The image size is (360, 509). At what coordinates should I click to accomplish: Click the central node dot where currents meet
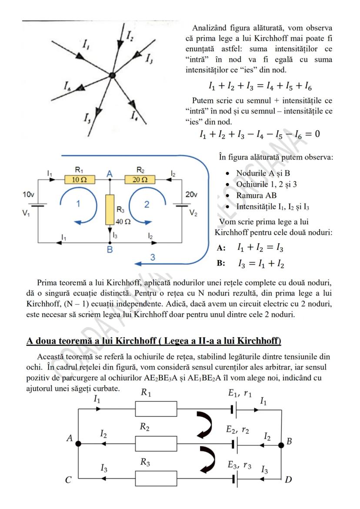tap(112, 76)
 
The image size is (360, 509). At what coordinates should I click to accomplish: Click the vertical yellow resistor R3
tap(110, 210)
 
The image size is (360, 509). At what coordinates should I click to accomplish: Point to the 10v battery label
tap(29, 195)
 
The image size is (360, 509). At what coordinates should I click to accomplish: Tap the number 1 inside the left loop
tap(78, 204)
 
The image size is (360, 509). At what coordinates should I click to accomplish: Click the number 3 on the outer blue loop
tap(152, 257)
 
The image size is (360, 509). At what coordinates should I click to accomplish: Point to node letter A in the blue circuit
tap(110, 173)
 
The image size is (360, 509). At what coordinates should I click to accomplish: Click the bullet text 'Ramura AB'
tap(257, 196)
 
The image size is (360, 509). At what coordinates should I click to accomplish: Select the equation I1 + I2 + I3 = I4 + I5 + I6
tap(260, 86)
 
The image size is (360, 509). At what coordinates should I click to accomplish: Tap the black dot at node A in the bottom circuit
tap(78, 444)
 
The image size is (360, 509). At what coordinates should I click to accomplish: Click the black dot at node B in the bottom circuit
tap(281, 444)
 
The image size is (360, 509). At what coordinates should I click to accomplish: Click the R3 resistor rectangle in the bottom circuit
tap(156, 479)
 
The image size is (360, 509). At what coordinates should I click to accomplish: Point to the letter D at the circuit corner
tap(288, 480)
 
